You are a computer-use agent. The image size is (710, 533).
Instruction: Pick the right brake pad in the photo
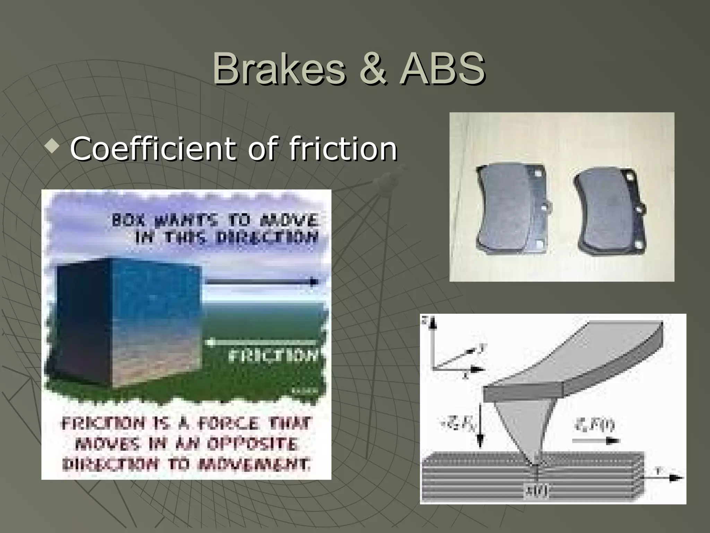608,212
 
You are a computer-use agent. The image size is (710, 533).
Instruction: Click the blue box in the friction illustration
128,323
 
